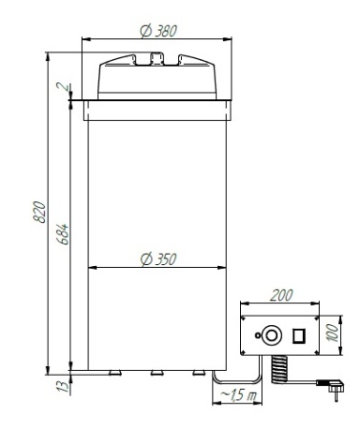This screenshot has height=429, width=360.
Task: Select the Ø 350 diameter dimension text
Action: point(157,258)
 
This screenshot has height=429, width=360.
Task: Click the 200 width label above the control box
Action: point(281,297)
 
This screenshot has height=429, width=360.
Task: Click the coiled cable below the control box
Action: point(280,368)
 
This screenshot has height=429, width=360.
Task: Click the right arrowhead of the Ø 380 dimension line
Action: point(230,40)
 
